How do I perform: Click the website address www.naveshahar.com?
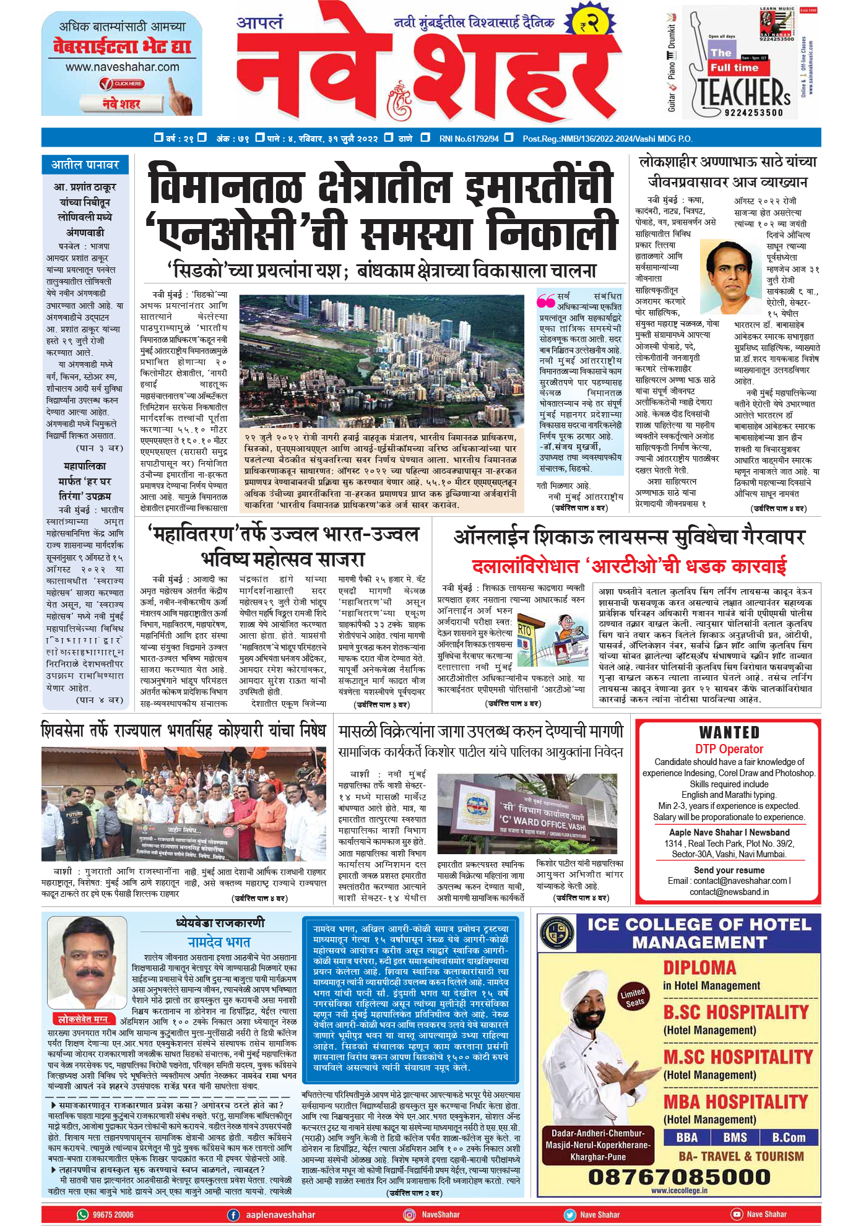(122, 67)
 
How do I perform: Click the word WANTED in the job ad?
(729, 733)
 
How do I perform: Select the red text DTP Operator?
(729, 749)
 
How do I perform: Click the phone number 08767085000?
(679, 1176)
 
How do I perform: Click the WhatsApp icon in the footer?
(83, 1214)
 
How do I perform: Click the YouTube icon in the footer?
(736, 1214)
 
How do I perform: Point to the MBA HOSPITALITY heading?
(735, 1102)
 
